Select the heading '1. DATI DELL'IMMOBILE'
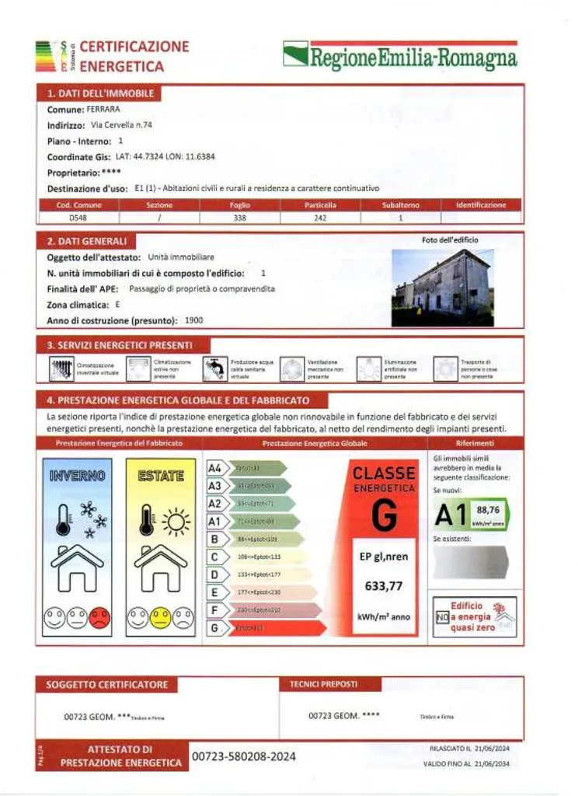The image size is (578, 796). (97, 93)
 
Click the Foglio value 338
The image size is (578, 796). (239, 218)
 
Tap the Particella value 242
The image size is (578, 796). (320, 218)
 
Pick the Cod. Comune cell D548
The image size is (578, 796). (78, 218)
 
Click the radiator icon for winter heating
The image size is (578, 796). (62, 368)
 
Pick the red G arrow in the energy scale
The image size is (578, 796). (276, 627)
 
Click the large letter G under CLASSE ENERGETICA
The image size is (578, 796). (384, 515)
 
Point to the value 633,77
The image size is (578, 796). (384, 586)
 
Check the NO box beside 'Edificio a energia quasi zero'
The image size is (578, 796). (441, 618)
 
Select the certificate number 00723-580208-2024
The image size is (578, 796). (244, 756)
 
